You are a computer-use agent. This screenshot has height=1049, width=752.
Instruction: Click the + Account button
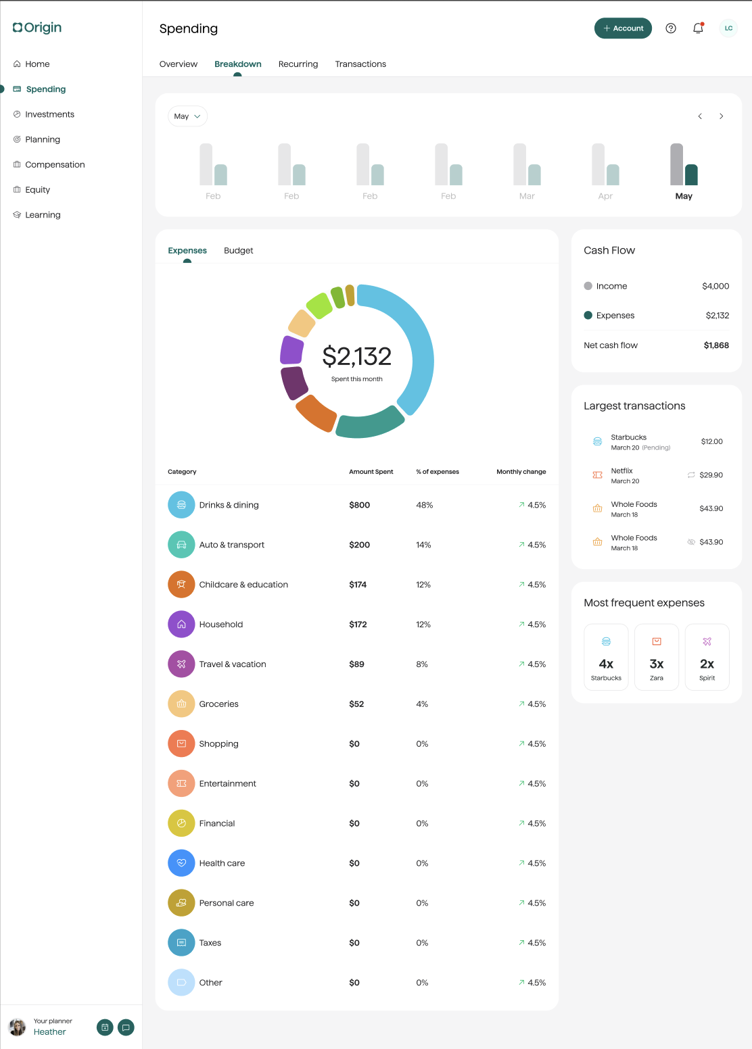pos(623,28)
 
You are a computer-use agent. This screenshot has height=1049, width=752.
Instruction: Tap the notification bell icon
pos(698,28)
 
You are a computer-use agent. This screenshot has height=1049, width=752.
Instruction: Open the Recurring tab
pos(298,64)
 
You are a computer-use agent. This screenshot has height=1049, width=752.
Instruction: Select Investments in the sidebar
pos(49,114)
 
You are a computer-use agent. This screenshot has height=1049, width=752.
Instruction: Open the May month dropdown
pos(187,116)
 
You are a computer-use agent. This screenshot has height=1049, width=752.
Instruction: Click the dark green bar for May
pos(691,174)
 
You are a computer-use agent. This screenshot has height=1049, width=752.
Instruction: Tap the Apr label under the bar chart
pos(605,196)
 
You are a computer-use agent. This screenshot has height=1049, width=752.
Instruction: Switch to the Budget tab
pos(239,251)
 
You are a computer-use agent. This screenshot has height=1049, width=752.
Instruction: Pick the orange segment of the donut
pos(315,413)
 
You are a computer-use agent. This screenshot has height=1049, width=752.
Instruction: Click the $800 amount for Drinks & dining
pos(359,505)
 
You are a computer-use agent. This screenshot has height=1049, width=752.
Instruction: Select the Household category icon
pos(181,625)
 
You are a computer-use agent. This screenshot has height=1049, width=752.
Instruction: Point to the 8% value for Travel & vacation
pos(422,664)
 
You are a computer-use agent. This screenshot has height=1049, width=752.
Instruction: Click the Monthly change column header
pos(521,472)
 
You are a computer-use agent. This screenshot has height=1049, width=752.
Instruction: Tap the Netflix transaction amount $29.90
pos(711,475)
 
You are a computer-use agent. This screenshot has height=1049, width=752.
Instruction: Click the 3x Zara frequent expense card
pos(657,656)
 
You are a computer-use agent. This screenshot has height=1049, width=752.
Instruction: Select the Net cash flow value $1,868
pos(716,345)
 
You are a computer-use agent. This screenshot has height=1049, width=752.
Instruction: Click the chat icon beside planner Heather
pos(126,1027)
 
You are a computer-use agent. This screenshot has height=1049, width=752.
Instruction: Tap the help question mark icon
pos(670,28)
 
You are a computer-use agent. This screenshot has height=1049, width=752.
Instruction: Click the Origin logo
pos(37,28)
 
